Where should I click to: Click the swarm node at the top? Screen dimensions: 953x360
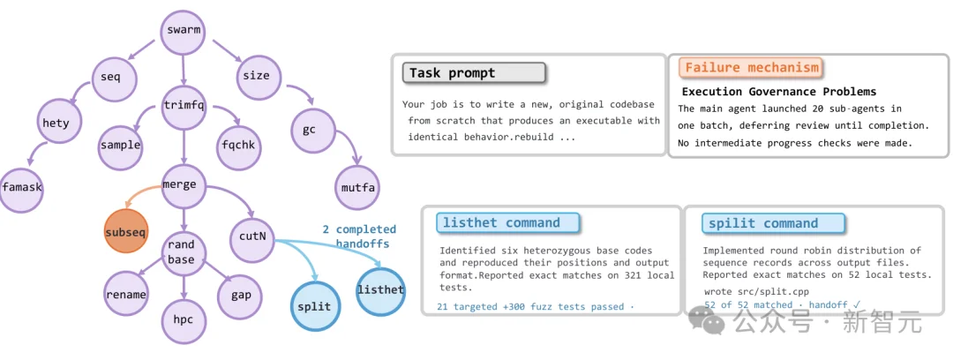pyautogui.click(x=183, y=30)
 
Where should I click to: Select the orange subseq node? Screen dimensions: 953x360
pyautogui.click(x=126, y=231)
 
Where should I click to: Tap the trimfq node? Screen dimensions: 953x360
pyautogui.click(x=184, y=106)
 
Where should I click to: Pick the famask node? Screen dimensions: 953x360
pyautogui.click(x=22, y=187)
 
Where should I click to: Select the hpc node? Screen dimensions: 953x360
pyautogui.click(x=183, y=319)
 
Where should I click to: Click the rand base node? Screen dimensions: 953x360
pyautogui.click(x=181, y=251)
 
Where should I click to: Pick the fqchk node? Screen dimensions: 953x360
pyautogui.click(x=238, y=146)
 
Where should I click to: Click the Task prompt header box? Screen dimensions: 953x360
pyautogui.click(x=474, y=73)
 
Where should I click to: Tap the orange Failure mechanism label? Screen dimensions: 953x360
pyautogui.click(x=751, y=67)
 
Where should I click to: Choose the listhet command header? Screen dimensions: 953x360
pyautogui.click(x=507, y=223)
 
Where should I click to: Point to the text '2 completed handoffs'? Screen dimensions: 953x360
pyautogui.click(x=358, y=236)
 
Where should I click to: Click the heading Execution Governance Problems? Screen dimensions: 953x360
pyautogui.click(x=779, y=92)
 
